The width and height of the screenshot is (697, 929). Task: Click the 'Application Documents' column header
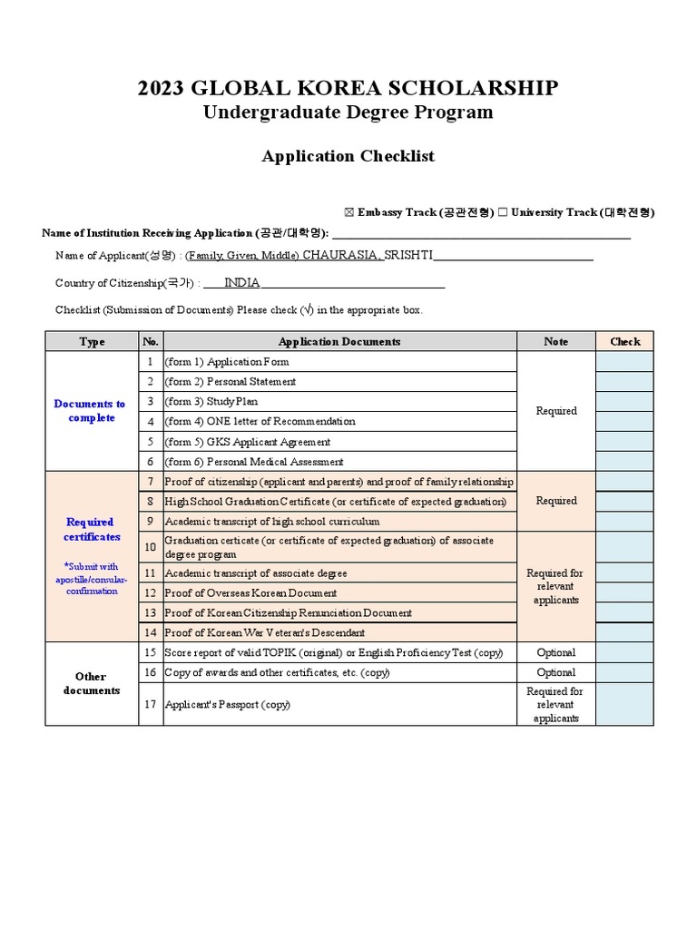tap(339, 342)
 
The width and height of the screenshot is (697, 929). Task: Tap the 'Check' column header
tap(624, 342)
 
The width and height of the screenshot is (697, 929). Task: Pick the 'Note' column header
tap(556, 342)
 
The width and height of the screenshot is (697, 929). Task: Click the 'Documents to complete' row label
tap(91, 411)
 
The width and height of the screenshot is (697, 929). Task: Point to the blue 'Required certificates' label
tap(91, 529)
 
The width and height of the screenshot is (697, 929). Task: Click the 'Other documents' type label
tap(91, 683)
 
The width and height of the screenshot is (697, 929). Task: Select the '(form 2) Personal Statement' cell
tap(231, 382)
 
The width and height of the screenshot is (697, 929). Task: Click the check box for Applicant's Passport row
tap(624, 704)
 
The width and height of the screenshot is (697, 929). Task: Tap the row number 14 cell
tap(151, 632)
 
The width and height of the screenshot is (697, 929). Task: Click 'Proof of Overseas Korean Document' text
tap(255, 593)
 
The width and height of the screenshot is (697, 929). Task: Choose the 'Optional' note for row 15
tap(556, 652)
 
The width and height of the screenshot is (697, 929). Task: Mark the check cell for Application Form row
tap(624, 361)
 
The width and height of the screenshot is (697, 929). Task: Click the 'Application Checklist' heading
tap(348, 156)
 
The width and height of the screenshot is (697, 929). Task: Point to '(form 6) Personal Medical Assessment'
tap(254, 462)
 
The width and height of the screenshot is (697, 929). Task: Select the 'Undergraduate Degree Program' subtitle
tap(348, 112)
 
